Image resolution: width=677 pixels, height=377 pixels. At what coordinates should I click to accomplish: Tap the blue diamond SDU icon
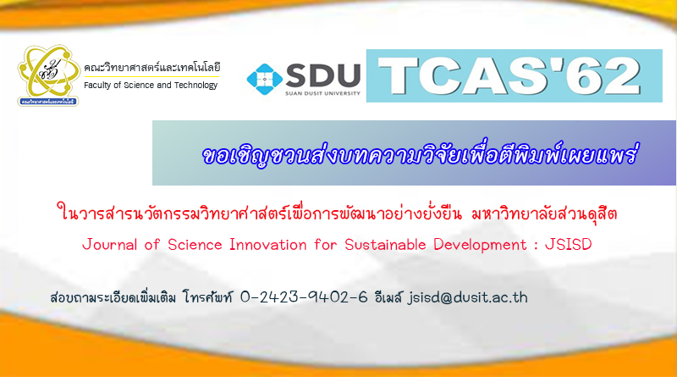(264, 79)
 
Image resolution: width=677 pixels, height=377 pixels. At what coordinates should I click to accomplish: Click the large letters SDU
(323, 75)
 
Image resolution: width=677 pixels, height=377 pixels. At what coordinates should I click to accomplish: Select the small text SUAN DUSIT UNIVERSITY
(322, 93)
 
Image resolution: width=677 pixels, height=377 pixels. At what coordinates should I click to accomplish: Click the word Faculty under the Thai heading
(97, 86)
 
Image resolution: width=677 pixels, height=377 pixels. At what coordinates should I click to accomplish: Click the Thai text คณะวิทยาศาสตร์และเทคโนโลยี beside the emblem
(152, 68)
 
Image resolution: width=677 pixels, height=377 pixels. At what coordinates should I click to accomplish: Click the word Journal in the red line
(110, 245)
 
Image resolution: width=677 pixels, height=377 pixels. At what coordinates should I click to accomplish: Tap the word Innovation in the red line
(267, 245)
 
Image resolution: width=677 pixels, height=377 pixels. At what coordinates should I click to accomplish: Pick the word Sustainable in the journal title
(385, 245)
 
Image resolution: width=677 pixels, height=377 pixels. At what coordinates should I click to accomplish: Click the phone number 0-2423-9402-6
(304, 297)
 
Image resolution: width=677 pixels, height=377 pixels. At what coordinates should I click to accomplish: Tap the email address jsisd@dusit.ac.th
(468, 297)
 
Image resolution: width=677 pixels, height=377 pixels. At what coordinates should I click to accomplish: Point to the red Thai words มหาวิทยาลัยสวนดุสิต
(544, 213)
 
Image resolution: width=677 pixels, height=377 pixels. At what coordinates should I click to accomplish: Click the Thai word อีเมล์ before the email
(388, 297)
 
